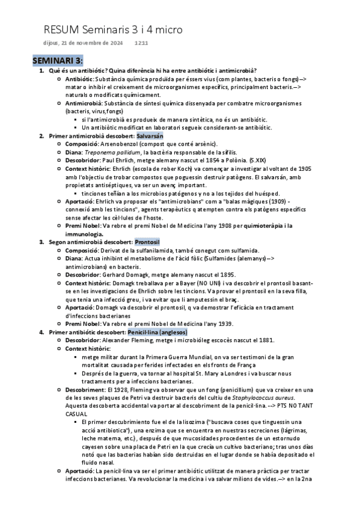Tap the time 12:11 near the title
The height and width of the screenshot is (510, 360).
pyautogui.click(x=142, y=43)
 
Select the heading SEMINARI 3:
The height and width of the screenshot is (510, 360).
pyautogui.click(x=58, y=61)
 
